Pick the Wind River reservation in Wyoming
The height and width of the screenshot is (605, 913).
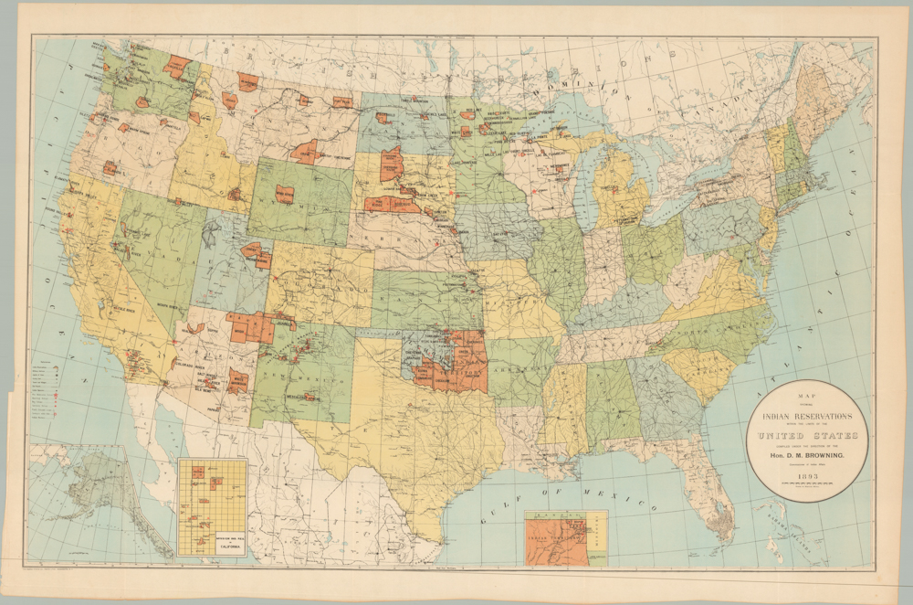[x=285, y=194]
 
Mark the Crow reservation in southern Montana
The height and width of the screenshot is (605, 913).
[x=305, y=152]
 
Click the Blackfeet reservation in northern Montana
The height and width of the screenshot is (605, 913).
[x=247, y=81]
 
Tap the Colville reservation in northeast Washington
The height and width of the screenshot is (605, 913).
[x=177, y=65]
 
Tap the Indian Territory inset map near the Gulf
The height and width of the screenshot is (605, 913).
[x=557, y=539]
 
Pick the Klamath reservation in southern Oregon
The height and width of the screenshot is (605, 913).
[x=110, y=168]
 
